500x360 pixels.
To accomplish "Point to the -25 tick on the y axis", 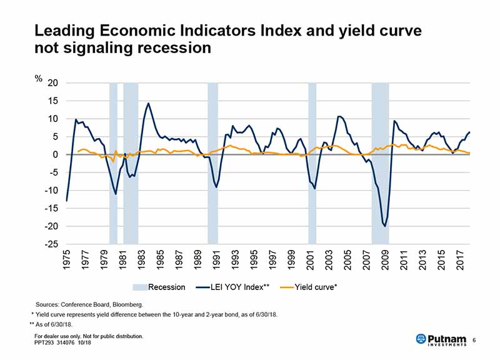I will click(x=51, y=244).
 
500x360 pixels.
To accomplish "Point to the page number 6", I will click(x=475, y=339).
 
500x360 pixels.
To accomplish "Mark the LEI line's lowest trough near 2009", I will click(x=385, y=226).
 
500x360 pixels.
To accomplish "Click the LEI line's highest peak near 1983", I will click(x=148, y=104).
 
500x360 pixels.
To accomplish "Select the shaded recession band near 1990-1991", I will click(x=212, y=162).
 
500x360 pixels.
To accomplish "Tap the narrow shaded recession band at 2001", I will click(x=312, y=162).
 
